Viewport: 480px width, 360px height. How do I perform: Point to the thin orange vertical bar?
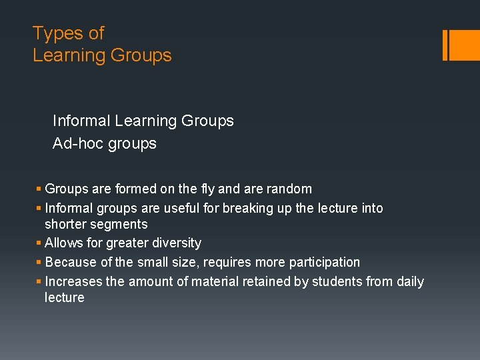(x=445, y=45)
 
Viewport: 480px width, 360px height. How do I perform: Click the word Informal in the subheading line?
(x=81, y=121)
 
